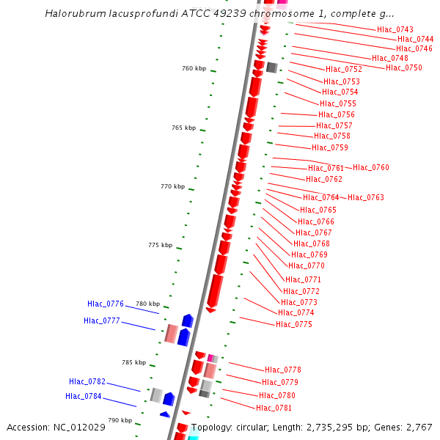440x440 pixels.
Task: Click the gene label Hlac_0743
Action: pos(395,29)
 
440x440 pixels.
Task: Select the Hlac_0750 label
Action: pos(404,67)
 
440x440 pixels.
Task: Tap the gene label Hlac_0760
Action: pos(371,168)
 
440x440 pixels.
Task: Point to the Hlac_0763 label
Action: pos(366,197)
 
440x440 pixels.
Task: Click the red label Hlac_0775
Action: pos(294,324)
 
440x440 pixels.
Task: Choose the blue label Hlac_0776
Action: pos(106,304)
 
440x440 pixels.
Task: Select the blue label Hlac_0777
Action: pos(102,320)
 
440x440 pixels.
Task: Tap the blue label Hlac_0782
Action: pos(87,381)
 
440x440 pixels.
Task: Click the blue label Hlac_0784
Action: pos(84,397)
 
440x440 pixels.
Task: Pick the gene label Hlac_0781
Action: pos(274,408)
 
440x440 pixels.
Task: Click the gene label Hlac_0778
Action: pos(283,370)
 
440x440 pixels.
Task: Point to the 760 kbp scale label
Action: pos(194,68)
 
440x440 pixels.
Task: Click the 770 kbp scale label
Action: pos(172,186)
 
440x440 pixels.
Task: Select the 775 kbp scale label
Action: pos(160,245)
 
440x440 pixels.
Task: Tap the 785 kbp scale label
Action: pos(133,362)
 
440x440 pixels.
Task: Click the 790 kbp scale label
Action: pos(120,420)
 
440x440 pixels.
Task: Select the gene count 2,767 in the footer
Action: pos(419,428)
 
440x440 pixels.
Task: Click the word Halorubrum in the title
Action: pos(76,14)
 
